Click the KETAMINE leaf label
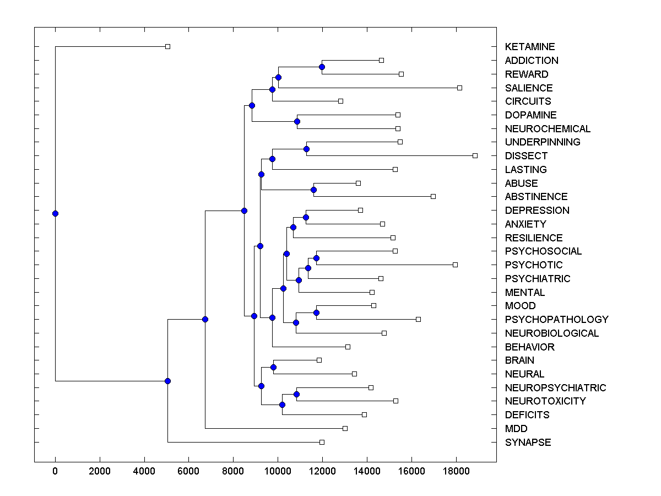[x=529, y=47]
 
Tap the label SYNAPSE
[x=528, y=443]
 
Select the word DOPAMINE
[x=530, y=115]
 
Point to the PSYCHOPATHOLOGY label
[x=556, y=320]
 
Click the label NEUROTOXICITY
[x=545, y=401]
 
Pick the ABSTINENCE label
[x=536, y=197]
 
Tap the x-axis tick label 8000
[x=233, y=471]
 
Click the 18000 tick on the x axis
[x=456, y=471]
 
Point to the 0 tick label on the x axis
[x=55, y=471]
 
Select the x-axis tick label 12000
[x=322, y=471]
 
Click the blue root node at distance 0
[x=55, y=213]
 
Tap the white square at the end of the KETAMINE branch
[x=168, y=46]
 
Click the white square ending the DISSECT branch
[x=475, y=155]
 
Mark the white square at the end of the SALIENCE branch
[x=459, y=88]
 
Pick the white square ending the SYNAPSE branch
[x=322, y=442]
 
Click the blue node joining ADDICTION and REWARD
[x=322, y=67]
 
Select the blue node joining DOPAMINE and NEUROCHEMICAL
[x=297, y=121]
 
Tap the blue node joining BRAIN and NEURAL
[x=273, y=367]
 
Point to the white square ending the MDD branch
[x=345, y=428]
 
